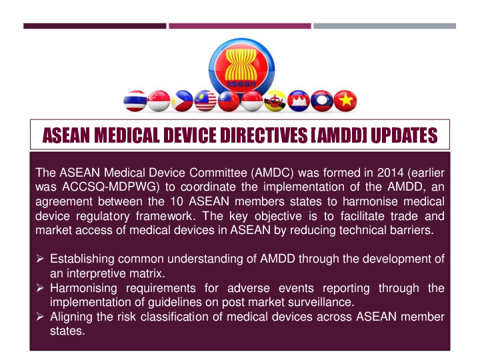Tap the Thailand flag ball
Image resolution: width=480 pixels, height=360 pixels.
tap(136, 101)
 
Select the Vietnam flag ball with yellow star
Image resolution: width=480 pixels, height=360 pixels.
tap(345, 101)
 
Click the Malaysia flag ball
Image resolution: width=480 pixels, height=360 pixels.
tap(205, 101)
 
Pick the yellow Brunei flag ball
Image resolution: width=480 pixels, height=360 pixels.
tap(275, 101)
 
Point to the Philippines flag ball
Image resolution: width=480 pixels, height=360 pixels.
tap(182, 101)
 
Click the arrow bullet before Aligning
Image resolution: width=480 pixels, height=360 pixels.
tap(41, 317)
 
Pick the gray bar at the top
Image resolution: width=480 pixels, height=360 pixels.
tap(385, 26)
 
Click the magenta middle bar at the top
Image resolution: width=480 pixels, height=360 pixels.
tap(240, 26)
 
